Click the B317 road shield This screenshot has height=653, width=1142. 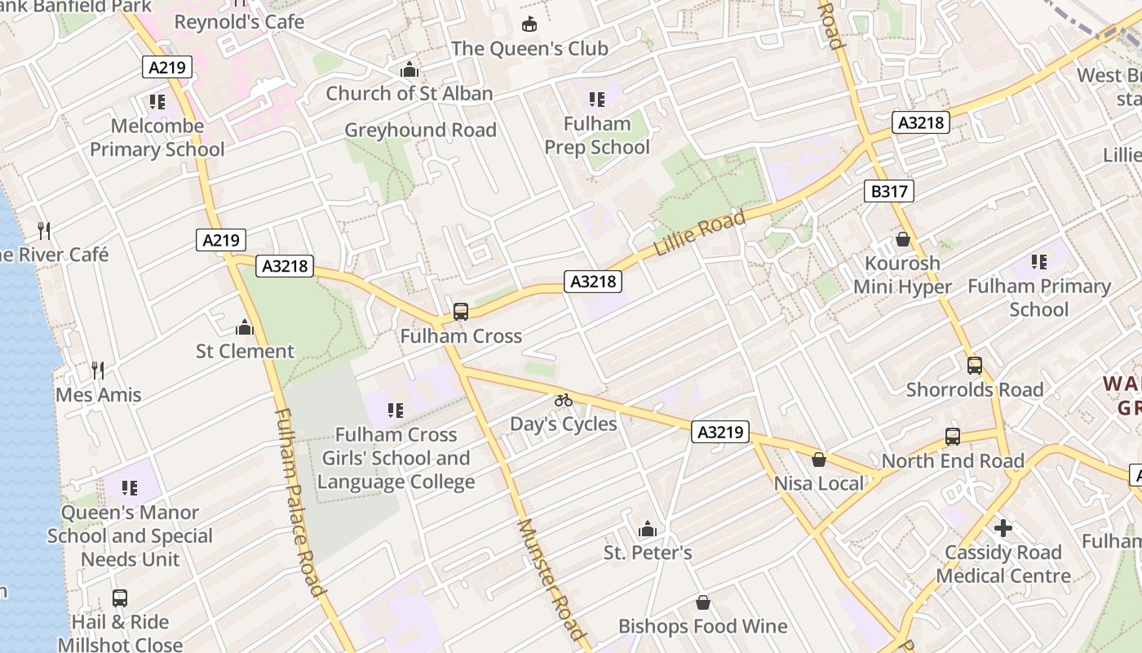tap(889, 192)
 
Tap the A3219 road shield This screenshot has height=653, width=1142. tap(720, 432)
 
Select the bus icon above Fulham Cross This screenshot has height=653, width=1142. tap(461, 312)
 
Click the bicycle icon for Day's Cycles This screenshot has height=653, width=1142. tap(564, 400)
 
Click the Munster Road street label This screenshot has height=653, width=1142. tap(552, 579)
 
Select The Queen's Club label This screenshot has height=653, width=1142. tap(529, 48)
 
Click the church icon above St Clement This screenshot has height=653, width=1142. tap(245, 328)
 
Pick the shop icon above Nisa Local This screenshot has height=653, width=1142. tap(819, 460)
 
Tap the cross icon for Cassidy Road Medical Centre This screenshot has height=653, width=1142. tap(1003, 528)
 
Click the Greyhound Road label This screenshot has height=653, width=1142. tap(420, 130)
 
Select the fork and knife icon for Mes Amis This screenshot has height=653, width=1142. tap(98, 371)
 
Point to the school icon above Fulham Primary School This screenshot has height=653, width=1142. tap(1038, 262)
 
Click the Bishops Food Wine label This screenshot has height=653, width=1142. tap(702, 626)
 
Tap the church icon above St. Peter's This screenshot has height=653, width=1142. tap(648, 529)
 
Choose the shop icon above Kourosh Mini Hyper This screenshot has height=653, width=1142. tap(902, 239)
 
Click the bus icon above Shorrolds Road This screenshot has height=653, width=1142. tap(975, 366)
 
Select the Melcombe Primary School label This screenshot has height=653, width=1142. tap(157, 138)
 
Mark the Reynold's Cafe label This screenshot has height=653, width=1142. tap(239, 22)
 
